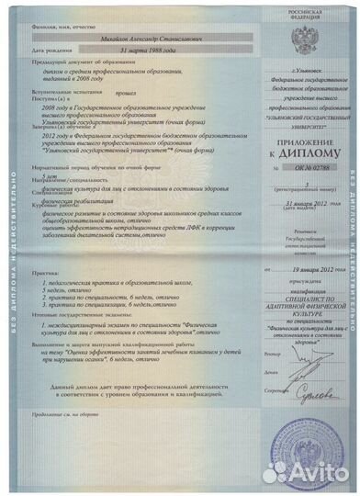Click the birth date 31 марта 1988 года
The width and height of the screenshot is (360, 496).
tap(99, 51)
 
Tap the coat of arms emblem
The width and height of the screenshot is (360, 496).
tap(304, 38)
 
